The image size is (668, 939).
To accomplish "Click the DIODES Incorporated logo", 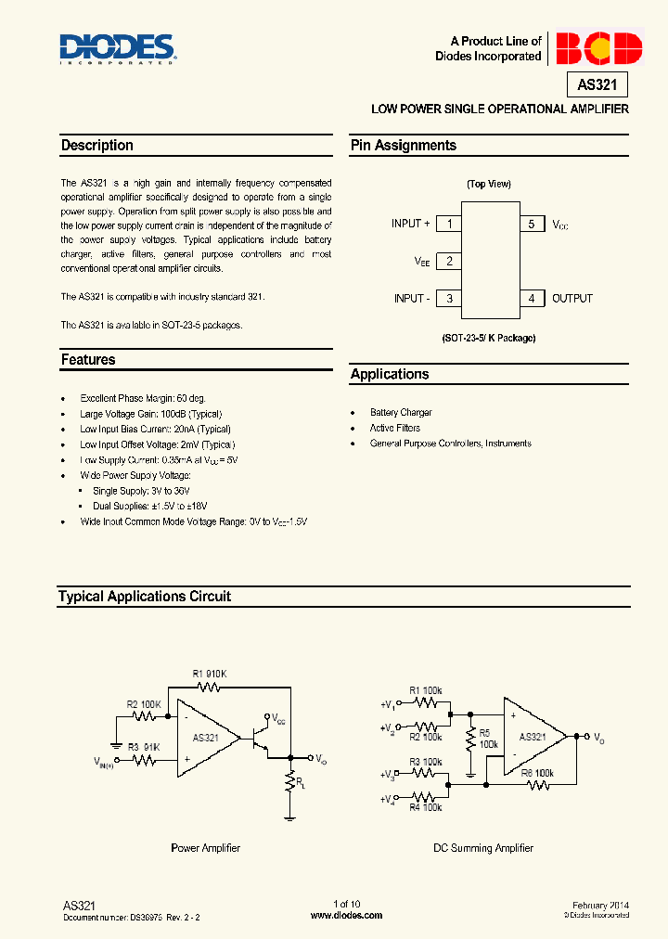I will (x=117, y=48).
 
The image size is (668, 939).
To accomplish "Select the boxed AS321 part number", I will (x=597, y=85).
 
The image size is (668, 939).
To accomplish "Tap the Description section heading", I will (x=97, y=146).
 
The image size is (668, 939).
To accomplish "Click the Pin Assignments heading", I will (x=404, y=146).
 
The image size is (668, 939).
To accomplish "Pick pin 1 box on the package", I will (x=449, y=224).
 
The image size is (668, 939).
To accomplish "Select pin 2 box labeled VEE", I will (x=449, y=261).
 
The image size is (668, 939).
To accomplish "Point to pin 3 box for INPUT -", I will (x=449, y=298).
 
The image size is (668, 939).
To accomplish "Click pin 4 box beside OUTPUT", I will (x=532, y=298).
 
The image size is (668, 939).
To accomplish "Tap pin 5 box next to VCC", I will (x=532, y=224).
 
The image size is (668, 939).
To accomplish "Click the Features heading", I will (x=88, y=360).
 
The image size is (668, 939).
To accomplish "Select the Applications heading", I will (x=390, y=375).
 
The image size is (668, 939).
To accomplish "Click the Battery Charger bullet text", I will (x=401, y=413).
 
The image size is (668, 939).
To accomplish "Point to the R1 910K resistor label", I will (x=210, y=674).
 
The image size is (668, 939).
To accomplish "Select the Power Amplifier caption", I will (x=206, y=848).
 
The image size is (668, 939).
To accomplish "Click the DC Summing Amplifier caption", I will (x=483, y=848).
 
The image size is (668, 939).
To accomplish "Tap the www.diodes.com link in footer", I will (x=346, y=915).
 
